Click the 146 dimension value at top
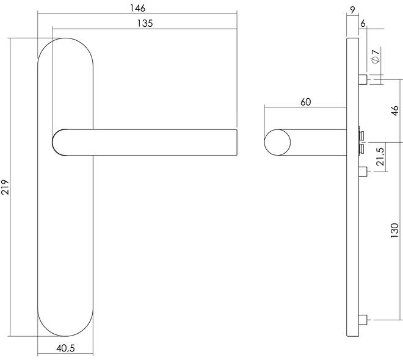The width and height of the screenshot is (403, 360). (x=137, y=8)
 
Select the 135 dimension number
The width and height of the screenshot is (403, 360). (x=145, y=23)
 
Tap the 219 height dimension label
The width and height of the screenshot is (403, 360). (x=5, y=187)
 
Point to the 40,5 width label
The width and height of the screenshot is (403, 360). (x=65, y=348)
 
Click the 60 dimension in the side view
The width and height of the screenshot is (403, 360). (x=305, y=102)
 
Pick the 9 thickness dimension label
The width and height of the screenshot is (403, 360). (x=353, y=10)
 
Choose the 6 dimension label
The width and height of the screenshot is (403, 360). (x=363, y=23)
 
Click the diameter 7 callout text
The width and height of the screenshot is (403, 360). (x=376, y=55)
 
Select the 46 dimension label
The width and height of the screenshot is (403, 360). (x=395, y=110)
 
